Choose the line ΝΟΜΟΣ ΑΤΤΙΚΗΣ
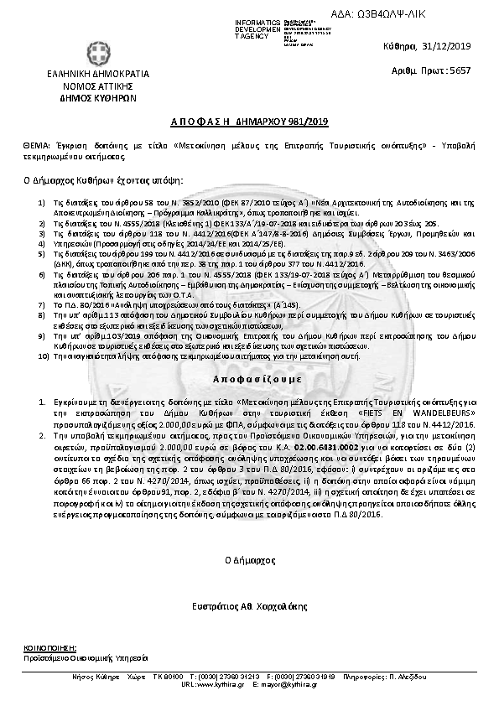coord(81,86)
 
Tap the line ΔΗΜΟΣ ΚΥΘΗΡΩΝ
coord(81,97)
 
